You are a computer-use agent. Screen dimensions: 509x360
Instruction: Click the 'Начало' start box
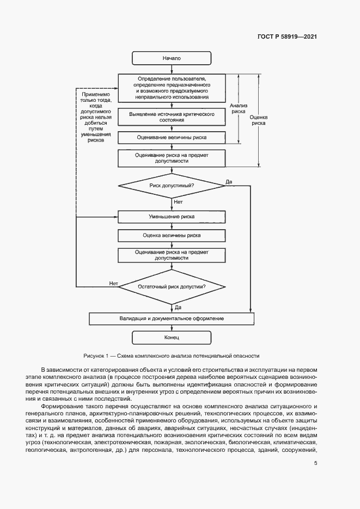pos(172,58)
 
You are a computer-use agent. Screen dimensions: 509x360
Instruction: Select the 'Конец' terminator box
pos(172,338)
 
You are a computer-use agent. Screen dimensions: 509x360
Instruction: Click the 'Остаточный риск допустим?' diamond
pos(172,286)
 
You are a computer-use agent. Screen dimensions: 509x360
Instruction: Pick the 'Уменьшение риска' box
pos(172,217)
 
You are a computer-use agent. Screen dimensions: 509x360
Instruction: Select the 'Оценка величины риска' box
pos(172,236)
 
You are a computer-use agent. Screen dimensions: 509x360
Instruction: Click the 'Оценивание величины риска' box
pos(172,137)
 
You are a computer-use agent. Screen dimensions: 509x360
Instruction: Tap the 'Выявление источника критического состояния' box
pos(172,116)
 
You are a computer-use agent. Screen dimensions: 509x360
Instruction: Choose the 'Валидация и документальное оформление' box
pos(172,318)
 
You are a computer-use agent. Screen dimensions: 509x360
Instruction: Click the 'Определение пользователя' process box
pos(172,88)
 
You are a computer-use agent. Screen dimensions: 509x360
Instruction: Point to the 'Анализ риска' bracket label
pos(239,108)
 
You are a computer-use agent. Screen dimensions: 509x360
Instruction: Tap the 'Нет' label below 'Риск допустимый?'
pos(178,201)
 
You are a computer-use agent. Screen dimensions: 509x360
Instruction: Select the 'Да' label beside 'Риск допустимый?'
pos(229,181)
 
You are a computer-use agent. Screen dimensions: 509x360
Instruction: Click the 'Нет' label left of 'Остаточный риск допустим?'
pos(113,283)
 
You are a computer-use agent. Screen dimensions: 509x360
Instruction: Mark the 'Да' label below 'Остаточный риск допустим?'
pos(178,308)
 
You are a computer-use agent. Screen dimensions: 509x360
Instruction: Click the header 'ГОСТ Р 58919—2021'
pos(287,37)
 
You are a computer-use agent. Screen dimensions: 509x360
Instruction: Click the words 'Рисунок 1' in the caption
pos(96,355)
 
